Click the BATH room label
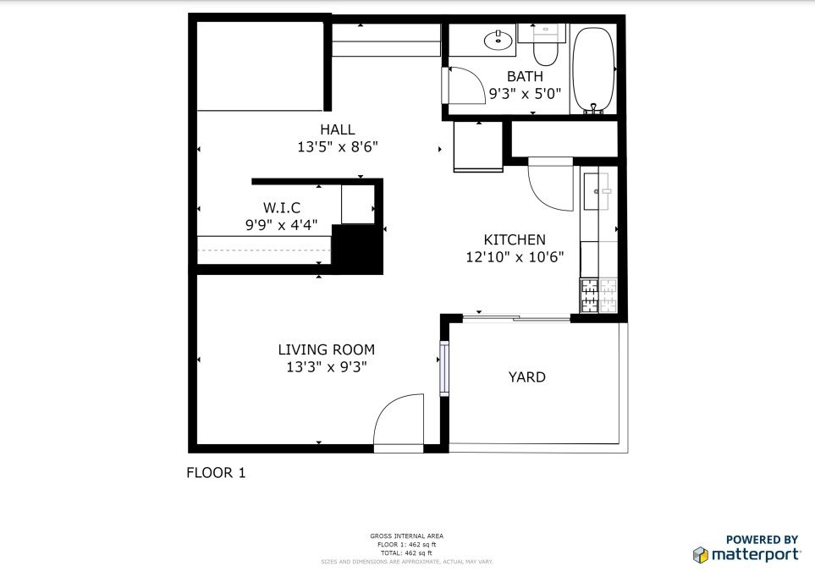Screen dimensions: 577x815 click(525, 76)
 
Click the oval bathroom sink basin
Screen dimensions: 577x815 click(498, 40)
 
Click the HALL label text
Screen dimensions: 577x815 click(337, 129)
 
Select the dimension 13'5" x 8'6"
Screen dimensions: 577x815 click(337, 146)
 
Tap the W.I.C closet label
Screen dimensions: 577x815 click(281, 207)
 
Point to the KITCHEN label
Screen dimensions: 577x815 click(515, 239)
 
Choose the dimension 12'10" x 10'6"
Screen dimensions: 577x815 click(515, 257)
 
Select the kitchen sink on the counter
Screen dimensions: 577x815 click(598, 190)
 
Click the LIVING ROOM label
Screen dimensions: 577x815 click(326, 349)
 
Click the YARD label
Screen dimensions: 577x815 click(526, 376)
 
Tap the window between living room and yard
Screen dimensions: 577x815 click(443, 368)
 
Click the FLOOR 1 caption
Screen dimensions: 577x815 click(216, 473)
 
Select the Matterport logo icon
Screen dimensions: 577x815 click(700, 555)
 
